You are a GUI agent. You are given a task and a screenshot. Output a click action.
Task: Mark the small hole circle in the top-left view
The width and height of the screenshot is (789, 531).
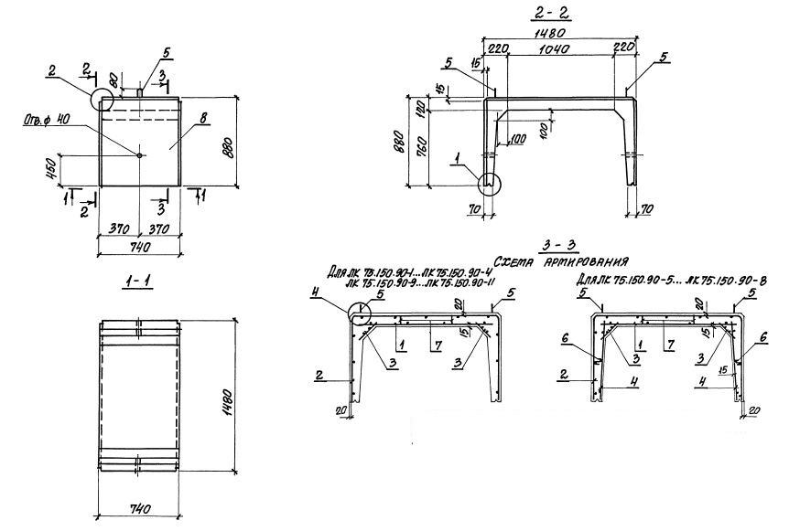[139, 155]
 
